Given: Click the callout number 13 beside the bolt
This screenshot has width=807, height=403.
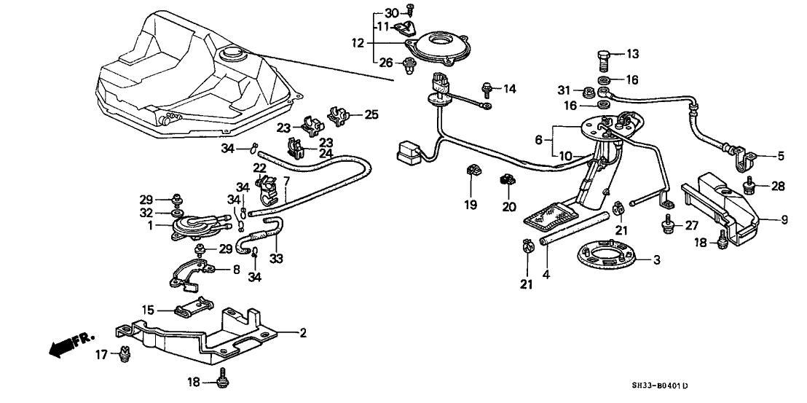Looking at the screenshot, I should click(631, 54).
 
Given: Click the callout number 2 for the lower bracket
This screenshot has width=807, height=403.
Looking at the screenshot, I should click(303, 334).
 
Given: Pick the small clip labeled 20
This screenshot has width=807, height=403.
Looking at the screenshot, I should click(506, 179).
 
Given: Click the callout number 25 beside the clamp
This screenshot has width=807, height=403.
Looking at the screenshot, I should click(371, 114).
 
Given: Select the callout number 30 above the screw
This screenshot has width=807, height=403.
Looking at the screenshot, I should click(391, 13).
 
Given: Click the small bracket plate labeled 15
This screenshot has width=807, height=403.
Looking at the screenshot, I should click(193, 308).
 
